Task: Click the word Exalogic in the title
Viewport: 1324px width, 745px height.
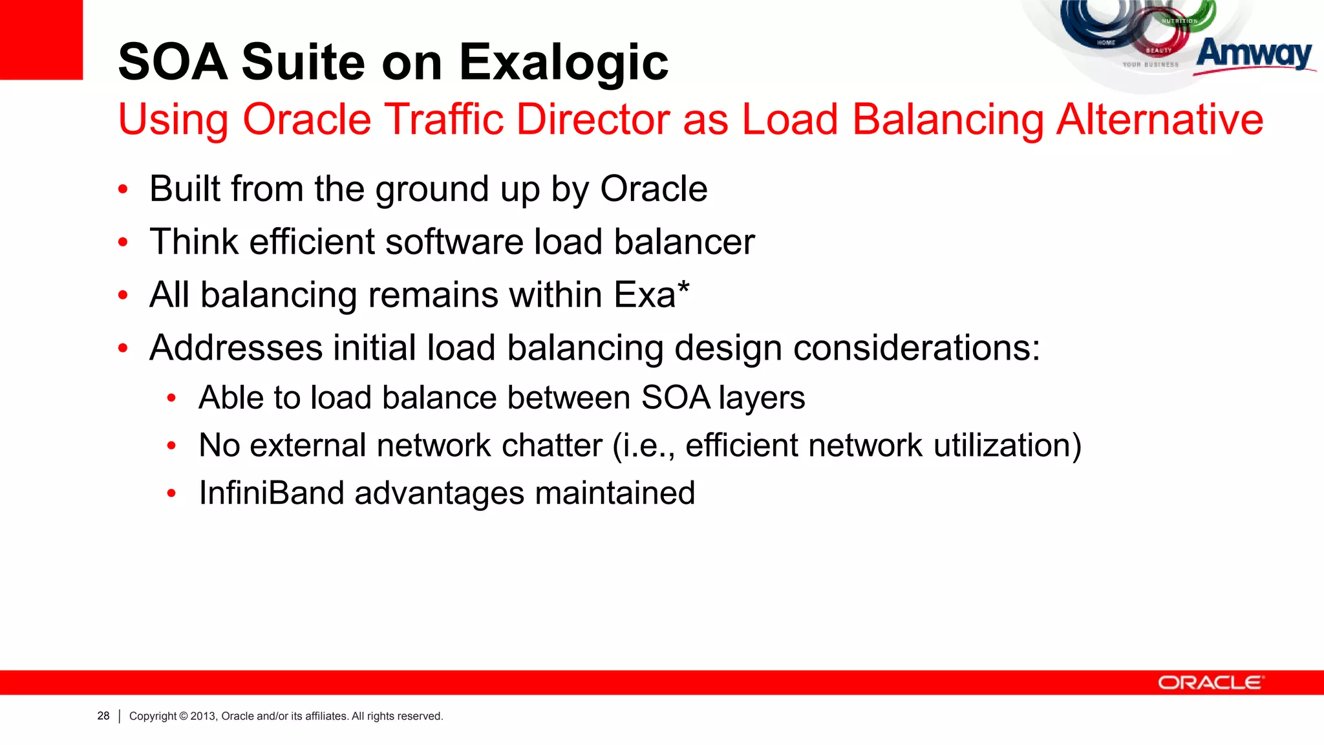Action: click(564, 63)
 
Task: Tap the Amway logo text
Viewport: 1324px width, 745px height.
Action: click(1254, 54)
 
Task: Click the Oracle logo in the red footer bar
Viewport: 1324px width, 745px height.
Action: click(1210, 683)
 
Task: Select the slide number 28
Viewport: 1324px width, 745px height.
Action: click(103, 716)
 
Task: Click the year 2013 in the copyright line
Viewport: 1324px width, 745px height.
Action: click(202, 716)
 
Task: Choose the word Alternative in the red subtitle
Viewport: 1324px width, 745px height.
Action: click(1159, 120)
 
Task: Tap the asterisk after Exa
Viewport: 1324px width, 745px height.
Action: click(683, 286)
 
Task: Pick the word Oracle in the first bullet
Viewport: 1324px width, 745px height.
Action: click(654, 189)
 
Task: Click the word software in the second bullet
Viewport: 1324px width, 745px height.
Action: click(454, 242)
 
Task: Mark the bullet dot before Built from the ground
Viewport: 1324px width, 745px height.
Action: click(123, 190)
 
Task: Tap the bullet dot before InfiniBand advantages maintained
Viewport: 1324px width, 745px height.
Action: click(171, 494)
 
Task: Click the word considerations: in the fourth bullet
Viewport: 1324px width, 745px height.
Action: click(916, 348)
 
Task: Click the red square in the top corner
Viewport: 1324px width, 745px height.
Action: click(41, 39)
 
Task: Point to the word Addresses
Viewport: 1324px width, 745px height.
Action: click(236, 348)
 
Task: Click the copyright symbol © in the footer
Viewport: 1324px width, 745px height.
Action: click(184, 716)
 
